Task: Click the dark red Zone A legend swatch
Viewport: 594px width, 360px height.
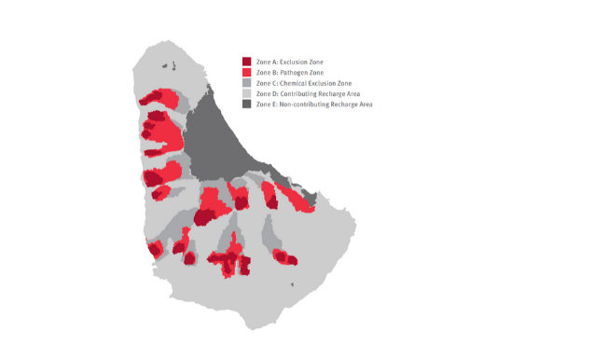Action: [x=247, y=62]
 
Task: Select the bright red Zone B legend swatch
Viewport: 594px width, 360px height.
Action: [x=247, y=73]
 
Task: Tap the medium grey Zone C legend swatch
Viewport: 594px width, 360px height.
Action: [x=247, y=83]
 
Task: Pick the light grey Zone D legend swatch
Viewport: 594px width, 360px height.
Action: [x=247, y=93]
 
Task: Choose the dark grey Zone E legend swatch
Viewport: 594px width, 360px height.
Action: [x=247, y=104]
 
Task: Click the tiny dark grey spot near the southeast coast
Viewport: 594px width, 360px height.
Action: [x=294, y=285]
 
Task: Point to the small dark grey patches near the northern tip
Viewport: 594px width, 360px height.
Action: [x=169, y=65]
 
